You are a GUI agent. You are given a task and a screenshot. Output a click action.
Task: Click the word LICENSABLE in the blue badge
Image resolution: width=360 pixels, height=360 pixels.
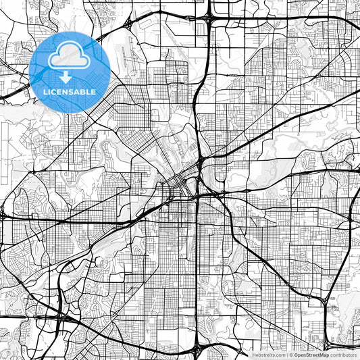[70, 91]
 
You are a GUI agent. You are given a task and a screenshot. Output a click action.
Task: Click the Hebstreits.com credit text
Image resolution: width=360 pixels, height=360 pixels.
[269, 355]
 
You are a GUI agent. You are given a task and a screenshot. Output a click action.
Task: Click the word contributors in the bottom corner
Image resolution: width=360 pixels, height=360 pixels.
[343, 355]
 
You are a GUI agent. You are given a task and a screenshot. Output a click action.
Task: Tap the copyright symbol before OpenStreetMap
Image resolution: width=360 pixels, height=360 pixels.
[291, 355]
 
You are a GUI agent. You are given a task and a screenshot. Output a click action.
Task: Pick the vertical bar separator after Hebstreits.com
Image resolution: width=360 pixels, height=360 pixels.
[287, 355]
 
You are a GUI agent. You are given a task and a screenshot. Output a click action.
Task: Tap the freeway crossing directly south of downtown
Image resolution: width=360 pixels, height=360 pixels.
[197, 197]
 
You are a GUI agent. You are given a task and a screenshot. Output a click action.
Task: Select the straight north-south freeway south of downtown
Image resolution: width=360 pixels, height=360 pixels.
[197, 270]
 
